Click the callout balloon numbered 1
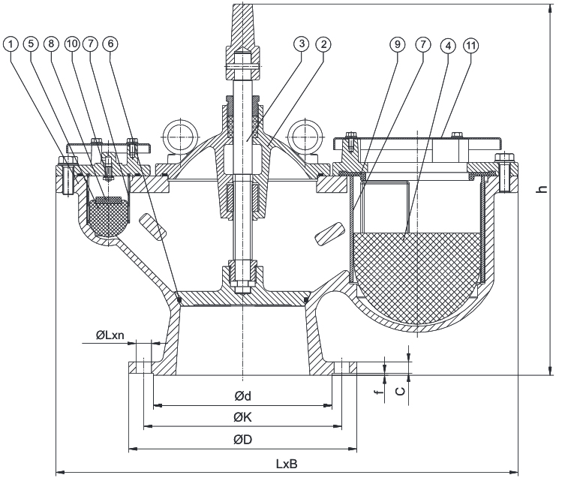point(10,44)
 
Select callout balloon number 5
point(32,44)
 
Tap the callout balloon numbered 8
point(52,44)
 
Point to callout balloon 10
point(72,44)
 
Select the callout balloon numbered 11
point(470,44)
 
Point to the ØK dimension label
point(241,419)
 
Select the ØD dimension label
point(241,441)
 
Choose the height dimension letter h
point(539,192)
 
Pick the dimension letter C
point(401,389)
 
